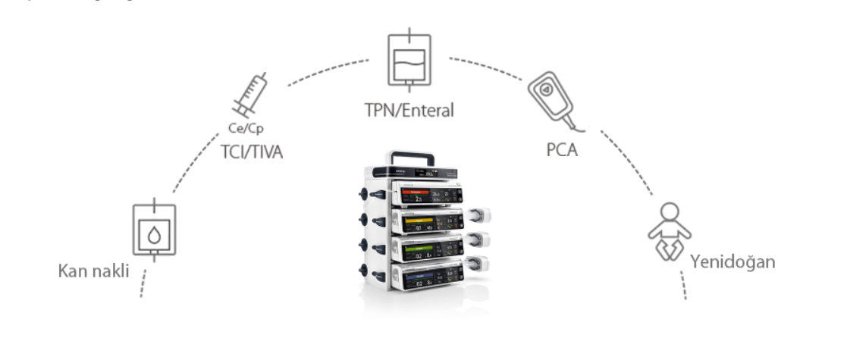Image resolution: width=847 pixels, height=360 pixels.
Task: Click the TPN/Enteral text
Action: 408,111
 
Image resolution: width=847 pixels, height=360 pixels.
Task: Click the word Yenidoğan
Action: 732,262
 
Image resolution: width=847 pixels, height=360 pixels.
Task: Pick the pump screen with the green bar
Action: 429,252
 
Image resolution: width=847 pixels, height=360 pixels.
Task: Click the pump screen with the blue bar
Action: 429,280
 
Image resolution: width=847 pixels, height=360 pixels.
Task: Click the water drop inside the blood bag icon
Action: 154,235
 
